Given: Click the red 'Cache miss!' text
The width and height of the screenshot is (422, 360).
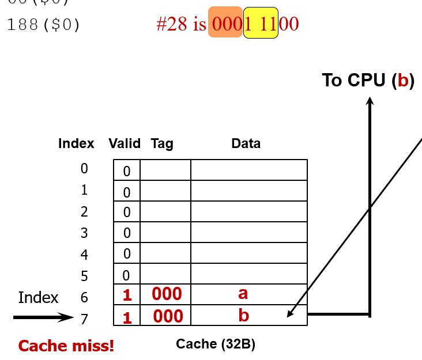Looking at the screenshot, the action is point(66,346).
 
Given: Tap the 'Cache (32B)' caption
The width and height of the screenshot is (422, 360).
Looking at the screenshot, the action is point(216,344).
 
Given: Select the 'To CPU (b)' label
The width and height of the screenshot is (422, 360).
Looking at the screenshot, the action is point(368,81).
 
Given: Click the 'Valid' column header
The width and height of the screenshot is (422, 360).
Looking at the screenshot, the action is point(125,143).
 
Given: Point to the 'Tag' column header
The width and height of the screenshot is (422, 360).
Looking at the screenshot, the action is point(162,143).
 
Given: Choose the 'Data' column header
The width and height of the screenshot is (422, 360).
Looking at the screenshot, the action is point(246,143).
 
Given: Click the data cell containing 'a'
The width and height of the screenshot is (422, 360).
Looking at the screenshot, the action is point(248,294).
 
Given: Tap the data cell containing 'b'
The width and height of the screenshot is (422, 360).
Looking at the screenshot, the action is point(248,315).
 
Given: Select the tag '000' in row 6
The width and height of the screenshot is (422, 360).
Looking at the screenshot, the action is point(167,294).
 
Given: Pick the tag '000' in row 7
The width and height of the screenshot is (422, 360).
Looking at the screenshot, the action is point(168,316).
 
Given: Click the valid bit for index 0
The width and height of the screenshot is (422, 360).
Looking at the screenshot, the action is point(127,171).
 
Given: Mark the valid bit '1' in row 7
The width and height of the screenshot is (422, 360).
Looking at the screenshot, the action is point(127,317).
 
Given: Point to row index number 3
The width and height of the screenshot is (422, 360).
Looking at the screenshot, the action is point(84,233).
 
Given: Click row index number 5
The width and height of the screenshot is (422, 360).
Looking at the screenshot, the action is point(84,276).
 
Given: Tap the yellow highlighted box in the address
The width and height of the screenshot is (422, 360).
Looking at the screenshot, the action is point(261,23).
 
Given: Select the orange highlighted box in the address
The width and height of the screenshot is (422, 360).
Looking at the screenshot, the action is point(225,22).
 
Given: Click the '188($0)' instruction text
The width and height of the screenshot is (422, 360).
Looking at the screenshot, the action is point(44,25).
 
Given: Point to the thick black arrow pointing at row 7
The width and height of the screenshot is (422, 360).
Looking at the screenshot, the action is point(43,317).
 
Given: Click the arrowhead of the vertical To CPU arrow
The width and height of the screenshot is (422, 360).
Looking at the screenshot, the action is point(370,101).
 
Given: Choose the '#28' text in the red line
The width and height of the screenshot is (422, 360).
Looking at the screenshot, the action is point(173,24).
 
